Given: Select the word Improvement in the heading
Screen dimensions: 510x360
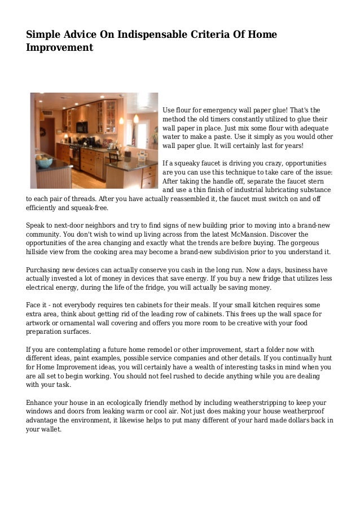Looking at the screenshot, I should click(x=59, y=48).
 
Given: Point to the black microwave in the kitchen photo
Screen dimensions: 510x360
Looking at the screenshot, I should click(x=82, y=128).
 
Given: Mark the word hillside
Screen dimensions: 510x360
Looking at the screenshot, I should click(x=39, y=252).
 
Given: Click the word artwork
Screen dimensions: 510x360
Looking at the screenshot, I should click(x=39, y=323).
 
